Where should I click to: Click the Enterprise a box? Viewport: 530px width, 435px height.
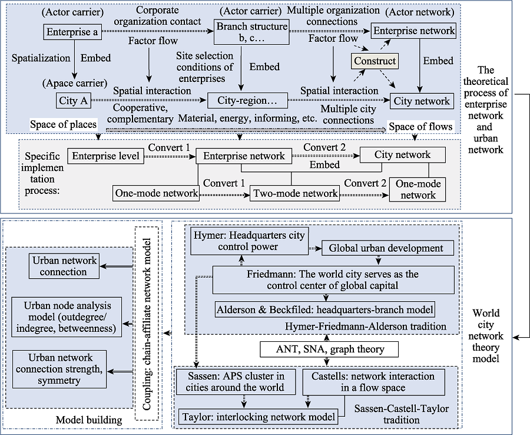coord(72,32)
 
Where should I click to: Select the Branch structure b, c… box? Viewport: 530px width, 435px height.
coord(252,32)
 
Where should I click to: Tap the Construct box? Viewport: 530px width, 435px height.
coord(375,61)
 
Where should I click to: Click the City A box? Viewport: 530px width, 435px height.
coord(74,100)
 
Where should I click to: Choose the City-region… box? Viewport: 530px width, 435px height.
coord(247,100)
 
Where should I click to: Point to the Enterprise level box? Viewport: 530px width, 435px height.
coord(106,156)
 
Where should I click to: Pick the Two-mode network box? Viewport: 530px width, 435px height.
coord(295,193)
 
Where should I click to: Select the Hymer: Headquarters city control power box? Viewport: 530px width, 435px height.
coord(250,241)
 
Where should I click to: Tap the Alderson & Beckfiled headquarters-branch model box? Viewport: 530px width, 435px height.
coord(325,309)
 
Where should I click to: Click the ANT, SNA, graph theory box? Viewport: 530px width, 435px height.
coord(329,349)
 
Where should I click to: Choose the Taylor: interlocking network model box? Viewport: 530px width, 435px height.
coord(259,417)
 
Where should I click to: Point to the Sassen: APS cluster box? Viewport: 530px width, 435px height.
coord(236,382)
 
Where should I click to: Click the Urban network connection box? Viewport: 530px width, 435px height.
coord(64,266)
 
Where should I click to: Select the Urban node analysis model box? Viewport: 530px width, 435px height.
coord(67,317)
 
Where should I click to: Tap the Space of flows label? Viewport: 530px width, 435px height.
coord(420,127)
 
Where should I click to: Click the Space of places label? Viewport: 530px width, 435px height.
coord(63,124)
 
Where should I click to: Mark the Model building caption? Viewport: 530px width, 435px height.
coord(89,420)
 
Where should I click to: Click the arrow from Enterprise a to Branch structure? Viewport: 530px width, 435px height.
coord(158,31)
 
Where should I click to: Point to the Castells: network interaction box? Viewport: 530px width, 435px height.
coord(373,382)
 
